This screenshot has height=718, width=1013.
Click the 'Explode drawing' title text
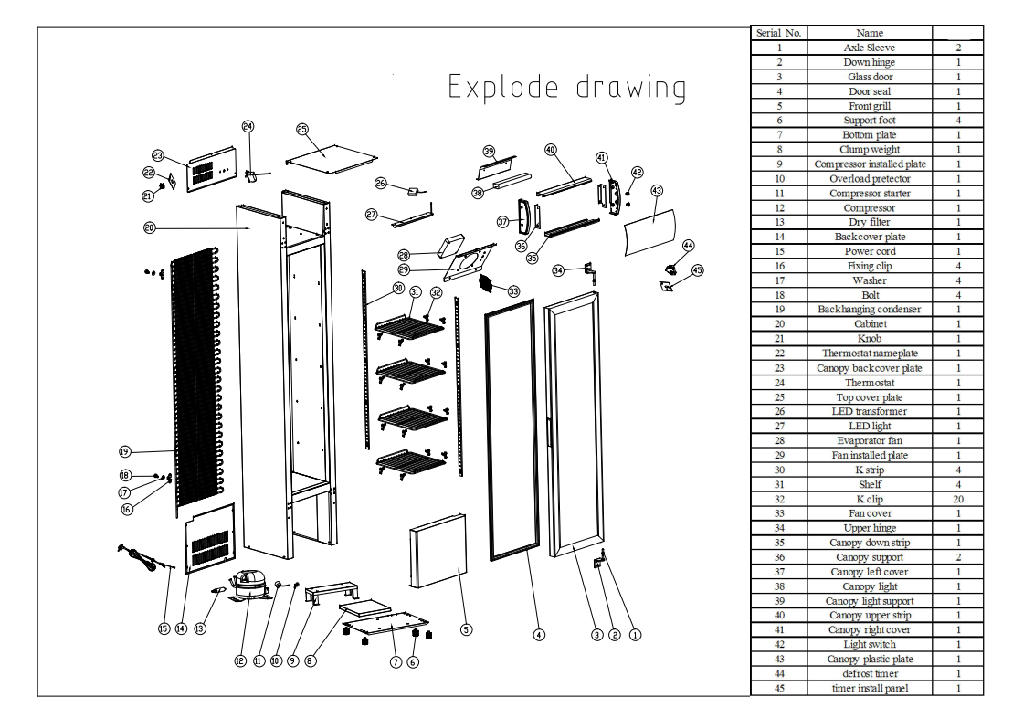click(567, 89)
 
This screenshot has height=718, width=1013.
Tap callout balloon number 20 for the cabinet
click(149, 228)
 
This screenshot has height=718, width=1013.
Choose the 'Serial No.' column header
click(776, 33)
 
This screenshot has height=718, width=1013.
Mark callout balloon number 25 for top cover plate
click(302, 130)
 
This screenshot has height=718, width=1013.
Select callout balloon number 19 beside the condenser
click(124, 450)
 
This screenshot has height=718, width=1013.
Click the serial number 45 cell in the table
click(776, 687)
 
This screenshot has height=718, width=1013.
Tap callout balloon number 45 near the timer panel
click(698, 270)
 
